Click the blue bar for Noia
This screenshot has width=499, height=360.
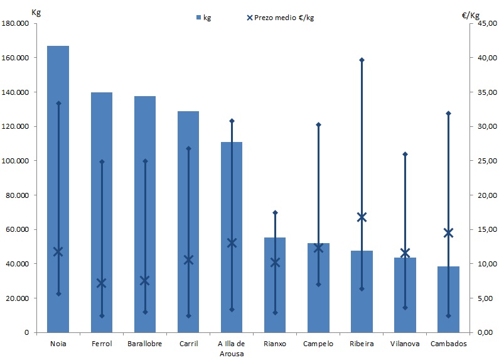click(x=58, y=188)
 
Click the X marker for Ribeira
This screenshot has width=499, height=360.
click(x=362, y=217)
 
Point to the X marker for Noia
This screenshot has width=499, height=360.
click(x=58, y=252)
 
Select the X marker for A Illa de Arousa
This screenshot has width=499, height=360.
click(x=232, y=243)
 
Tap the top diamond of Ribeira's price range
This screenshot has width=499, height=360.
click(x=362, y=60)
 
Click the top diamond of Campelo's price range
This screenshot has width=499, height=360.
click(x=318, y=124)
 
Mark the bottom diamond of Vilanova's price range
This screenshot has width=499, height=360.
click(x=405, y=308)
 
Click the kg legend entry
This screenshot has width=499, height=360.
click(x=203, y=18)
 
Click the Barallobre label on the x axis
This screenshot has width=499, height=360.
click(x=145, y=344)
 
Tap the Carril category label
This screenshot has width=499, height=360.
click(x=188, y=344)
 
